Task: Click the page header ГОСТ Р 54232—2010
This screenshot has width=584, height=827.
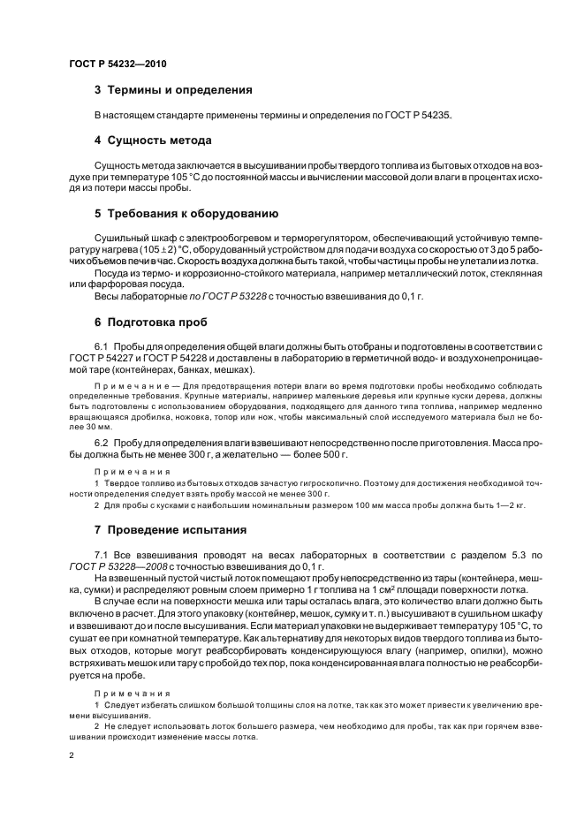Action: [117, 65]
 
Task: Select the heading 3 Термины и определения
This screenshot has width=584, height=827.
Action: [173, 90]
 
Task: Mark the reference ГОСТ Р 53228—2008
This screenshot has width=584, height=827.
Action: [114, 566]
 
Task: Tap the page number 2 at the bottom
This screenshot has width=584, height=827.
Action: [72, 755]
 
